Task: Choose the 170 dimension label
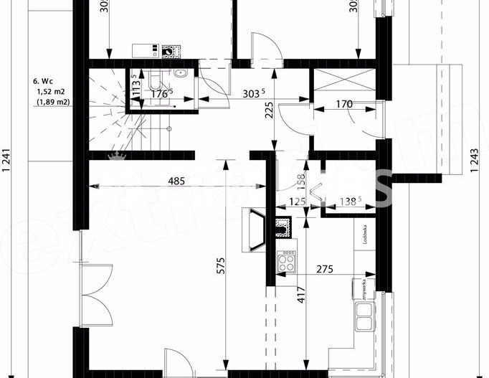345,104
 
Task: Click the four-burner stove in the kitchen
288,260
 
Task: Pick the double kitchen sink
364,316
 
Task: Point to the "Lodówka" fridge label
365,235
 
